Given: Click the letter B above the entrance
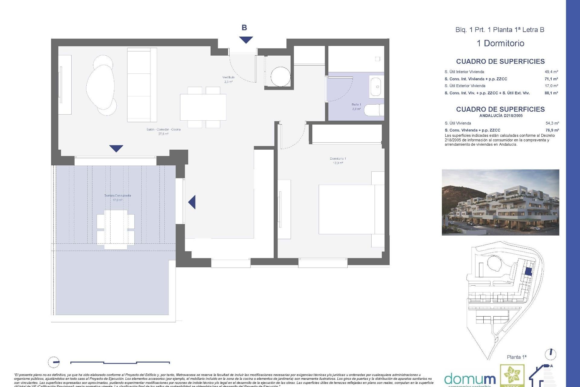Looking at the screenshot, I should [x=244, y=28].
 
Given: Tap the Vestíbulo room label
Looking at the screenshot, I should [x=228, y=79].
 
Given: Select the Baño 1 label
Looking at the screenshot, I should [x=356, y=106].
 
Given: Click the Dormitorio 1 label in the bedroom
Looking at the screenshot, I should [x=338, y=161].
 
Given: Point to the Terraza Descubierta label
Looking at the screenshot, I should [x=118, y=197].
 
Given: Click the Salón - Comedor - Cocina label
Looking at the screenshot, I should [x=163, y=131].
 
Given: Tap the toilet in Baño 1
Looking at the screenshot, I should [x=373, y=110].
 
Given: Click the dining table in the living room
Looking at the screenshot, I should [x=203, y=107].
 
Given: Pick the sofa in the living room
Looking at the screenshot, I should [x=142, y=85].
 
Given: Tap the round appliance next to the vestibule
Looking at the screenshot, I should [x=280, y=76].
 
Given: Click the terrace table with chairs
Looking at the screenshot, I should [x=116, y=229].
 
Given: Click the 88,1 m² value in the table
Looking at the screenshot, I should [x=551, y=93].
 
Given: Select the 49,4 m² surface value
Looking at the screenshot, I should [x=551, y=72].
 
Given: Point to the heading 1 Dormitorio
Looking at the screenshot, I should [x=500, y=43].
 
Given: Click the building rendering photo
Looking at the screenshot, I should [x=500, y=202].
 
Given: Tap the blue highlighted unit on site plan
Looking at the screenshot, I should [x=528, y=271].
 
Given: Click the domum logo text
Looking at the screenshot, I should [x=470, y=379].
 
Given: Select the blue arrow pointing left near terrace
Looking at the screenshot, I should [x=192, y=202].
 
